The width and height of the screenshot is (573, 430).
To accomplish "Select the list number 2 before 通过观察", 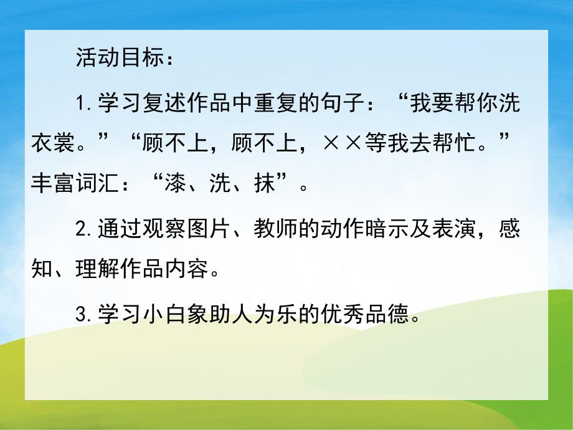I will (x=82, y=229).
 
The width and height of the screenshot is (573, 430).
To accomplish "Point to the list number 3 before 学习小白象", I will (x=82, y=315).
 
